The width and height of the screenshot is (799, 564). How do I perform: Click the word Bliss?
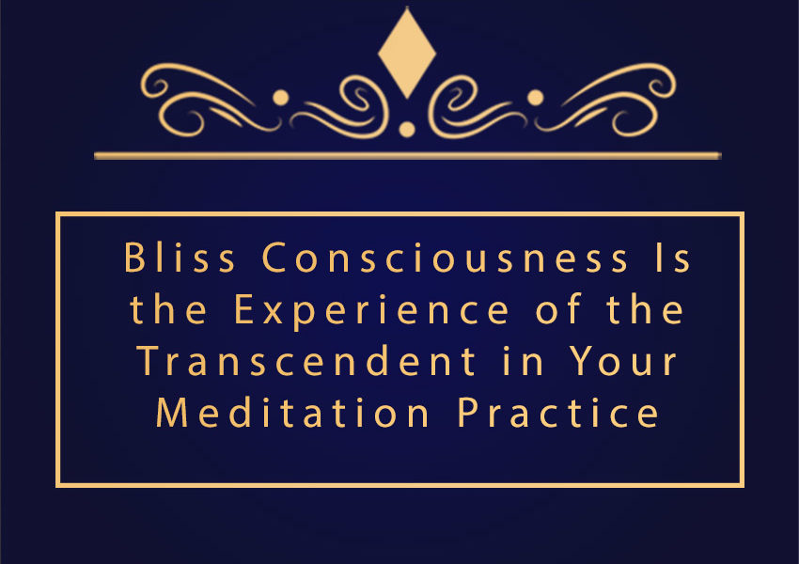pos(180,258)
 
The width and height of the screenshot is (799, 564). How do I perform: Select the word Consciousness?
pos(445,258)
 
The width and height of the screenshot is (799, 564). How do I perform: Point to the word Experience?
pos(371,312)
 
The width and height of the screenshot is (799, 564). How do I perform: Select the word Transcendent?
pos(306,361)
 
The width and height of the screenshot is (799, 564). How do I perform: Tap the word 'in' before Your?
pos(523,361)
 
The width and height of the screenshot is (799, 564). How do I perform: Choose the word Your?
pos(622,361)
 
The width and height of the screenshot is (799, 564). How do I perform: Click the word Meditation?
pos(292,412)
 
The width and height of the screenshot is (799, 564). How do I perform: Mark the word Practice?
pos(558,412)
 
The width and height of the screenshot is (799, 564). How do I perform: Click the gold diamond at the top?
pos(407,53)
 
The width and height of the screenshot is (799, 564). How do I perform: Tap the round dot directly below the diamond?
pos(407,130)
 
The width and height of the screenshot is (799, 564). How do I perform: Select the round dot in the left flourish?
pos(281,98)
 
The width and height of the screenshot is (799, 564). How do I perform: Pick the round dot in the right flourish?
pos(535,98)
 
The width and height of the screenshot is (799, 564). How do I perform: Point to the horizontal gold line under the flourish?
pos(408,155)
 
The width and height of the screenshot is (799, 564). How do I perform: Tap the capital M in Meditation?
pos(172,412)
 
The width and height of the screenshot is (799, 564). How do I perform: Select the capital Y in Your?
pos(583,361)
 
